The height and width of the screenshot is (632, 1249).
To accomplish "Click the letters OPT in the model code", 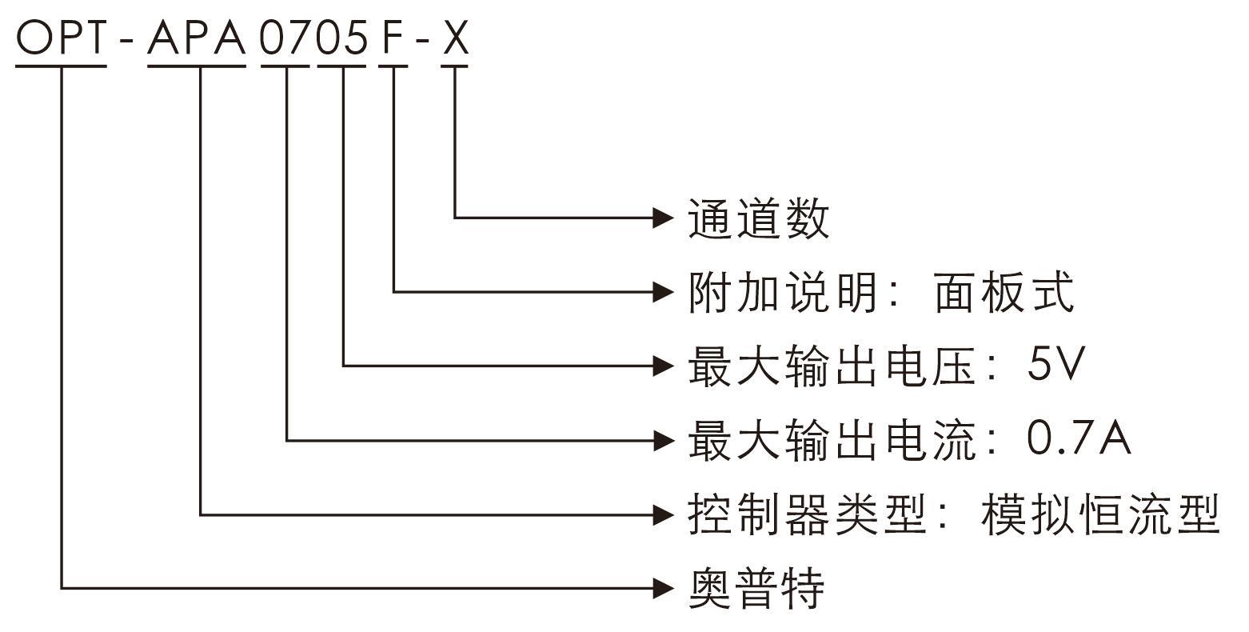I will click(62, 38).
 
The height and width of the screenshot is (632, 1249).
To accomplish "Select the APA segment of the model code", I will click(197, 38).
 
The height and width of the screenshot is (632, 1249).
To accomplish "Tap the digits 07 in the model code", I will click(285, 38).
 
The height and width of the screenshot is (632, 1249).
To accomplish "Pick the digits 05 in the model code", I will click(342, 38).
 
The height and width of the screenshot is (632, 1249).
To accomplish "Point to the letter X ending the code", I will click(455, 38).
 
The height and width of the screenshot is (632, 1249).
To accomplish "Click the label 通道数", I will click(759, 218).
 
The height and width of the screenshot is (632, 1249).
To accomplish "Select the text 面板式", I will click(1004, 292).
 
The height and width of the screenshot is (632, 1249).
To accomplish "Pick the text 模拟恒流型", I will click(1100, 514).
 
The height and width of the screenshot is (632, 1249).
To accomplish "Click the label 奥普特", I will click(756, 589).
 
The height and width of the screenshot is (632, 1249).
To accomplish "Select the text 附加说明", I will click(783, 292).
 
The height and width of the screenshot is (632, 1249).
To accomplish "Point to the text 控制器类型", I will click(807, 514).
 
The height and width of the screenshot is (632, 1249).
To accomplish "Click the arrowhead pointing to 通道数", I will click(664, 218).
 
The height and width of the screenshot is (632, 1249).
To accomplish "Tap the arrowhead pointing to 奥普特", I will click(664, 589).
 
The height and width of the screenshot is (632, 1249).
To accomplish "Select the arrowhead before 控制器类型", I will click(664, 514).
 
